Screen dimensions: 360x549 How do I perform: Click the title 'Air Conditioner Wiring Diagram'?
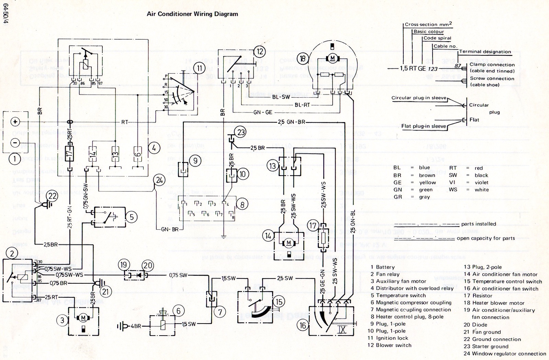pos(192,14)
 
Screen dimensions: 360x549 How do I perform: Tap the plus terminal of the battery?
pos(15,122)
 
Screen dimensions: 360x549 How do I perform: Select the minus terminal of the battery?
pos(15,142)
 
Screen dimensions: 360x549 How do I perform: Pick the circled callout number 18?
pos(303,58)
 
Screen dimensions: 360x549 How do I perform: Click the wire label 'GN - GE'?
pos(262,112)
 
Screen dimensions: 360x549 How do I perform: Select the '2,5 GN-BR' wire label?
pos(291,122)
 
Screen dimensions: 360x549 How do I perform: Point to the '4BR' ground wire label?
pos(136,325)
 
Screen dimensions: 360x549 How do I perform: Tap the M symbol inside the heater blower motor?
pos(332,58)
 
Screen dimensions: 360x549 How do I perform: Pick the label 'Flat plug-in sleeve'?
pos(424,126)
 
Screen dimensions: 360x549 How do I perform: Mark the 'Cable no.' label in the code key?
pos(445,46)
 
